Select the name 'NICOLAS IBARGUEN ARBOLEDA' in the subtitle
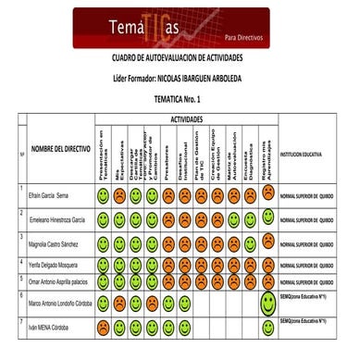[210, 81]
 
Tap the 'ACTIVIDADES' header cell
[189, 120]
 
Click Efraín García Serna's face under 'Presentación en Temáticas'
[104, 195]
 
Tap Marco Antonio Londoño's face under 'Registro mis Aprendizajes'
[268, 302]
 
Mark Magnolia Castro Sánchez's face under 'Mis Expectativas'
[120, 242]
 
